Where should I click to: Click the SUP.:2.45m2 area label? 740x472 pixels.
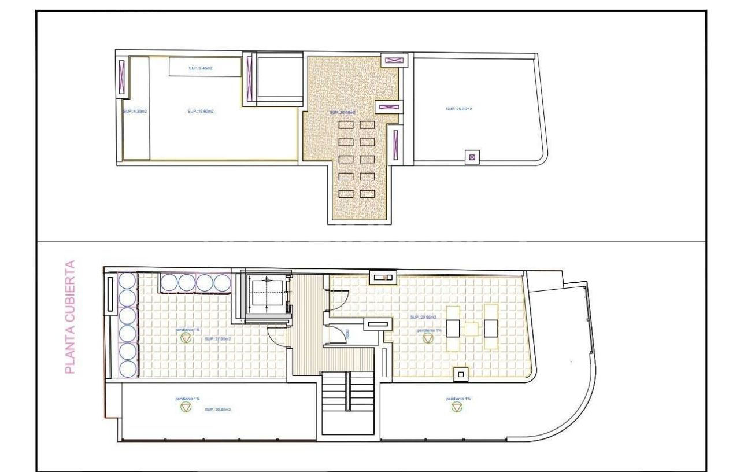[201, 68]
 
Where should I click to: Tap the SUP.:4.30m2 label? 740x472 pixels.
[135, 111]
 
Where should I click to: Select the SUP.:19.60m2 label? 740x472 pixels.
[201, 111]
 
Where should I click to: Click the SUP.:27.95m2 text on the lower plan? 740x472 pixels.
[218, 340]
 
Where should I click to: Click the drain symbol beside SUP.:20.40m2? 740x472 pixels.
[186, 408]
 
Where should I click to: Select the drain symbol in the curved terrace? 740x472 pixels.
[457, 408]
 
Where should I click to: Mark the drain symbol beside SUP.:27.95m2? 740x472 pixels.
[186, 340]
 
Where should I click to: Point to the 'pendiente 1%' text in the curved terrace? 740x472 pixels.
[458, 399]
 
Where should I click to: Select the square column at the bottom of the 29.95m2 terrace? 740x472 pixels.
[460, 374]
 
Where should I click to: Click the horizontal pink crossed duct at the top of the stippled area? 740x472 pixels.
[395, 60]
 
